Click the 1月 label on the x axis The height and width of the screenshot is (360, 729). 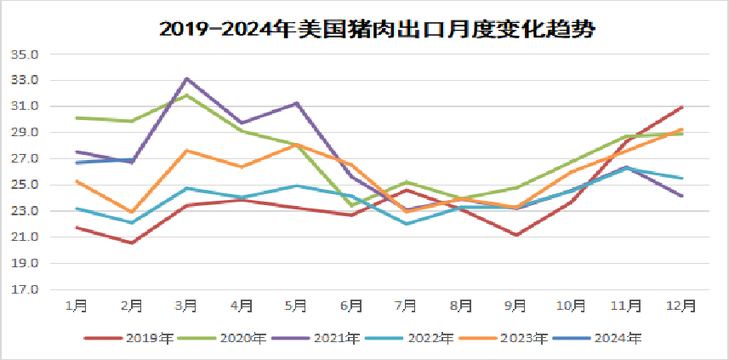coord(76,305)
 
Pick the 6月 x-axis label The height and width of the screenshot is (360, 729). coord(350,305)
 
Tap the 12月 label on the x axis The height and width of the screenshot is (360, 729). coord(681,305)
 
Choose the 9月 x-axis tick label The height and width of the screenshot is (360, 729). coord(515,305)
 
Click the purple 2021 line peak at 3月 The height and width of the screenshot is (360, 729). coord(186,78)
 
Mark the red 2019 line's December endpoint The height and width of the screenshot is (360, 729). coord(682,107)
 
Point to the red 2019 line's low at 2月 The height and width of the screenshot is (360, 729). coord(131,243)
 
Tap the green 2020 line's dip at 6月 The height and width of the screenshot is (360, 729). coord(351,205)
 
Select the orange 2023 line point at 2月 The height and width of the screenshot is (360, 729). coord(131,212)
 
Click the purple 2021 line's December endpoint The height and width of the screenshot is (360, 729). coord(682,196)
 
